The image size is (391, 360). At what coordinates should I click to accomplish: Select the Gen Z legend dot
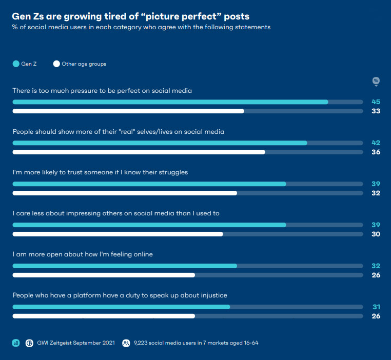(16, 64)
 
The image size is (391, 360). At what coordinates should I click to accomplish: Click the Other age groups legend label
(84, 64)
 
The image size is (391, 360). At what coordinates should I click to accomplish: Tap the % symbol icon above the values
(376, 81)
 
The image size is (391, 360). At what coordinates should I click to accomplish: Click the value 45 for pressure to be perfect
(376, 102)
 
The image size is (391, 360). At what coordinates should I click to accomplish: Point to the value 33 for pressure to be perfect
(376, 111)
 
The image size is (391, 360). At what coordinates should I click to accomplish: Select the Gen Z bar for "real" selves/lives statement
(160, 143)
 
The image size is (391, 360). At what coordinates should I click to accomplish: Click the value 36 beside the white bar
(376, 152)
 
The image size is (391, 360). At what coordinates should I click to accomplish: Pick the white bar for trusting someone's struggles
(125, 193)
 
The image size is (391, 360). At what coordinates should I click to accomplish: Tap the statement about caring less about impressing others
(116, 213)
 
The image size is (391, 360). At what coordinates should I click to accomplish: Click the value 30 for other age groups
(376, 234)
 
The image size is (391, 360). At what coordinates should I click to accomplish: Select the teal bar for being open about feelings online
(125, 266)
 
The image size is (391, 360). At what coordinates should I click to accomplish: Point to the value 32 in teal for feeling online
(376, 266)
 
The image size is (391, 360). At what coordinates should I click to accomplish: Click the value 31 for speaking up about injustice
(376, 307)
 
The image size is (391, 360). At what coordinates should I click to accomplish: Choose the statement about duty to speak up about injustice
(120, 295)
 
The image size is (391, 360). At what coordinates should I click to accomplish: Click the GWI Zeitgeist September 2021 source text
(76, 343)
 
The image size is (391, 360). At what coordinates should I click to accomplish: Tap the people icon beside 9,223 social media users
(126, 343)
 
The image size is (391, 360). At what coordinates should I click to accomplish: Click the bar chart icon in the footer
(16, 343)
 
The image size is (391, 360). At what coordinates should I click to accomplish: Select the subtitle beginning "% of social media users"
(141, 27)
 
